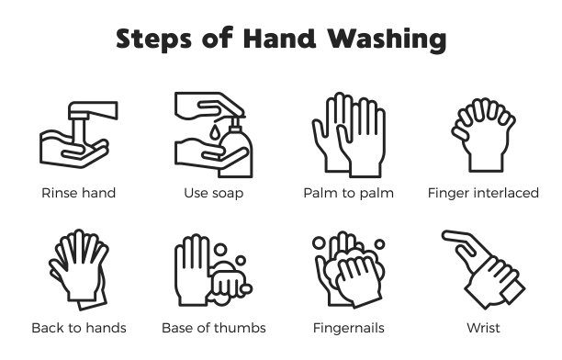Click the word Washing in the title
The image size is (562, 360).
(387, 39)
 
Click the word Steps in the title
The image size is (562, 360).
(153, 39)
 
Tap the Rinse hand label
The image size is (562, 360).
(78, 193)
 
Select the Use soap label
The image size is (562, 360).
(214, 193)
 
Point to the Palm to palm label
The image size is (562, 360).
(348, 193)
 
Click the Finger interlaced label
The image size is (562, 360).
(483, 193)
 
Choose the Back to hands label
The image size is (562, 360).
(79, 328)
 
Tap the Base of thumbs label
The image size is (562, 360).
(214, 328)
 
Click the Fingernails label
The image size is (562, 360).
(348, 328)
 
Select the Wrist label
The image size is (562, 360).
(483, 328)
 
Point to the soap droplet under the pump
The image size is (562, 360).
(214, 131)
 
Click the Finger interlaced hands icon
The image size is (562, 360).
(483, 135)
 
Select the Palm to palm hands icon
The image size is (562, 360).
(348, 135)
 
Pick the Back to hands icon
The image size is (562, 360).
(79, 270)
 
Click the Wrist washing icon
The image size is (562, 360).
(483, 270)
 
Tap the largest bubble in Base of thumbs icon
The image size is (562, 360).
(220, 249)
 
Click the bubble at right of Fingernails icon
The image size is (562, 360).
(379, 244)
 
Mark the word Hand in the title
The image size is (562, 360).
(279, 39)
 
